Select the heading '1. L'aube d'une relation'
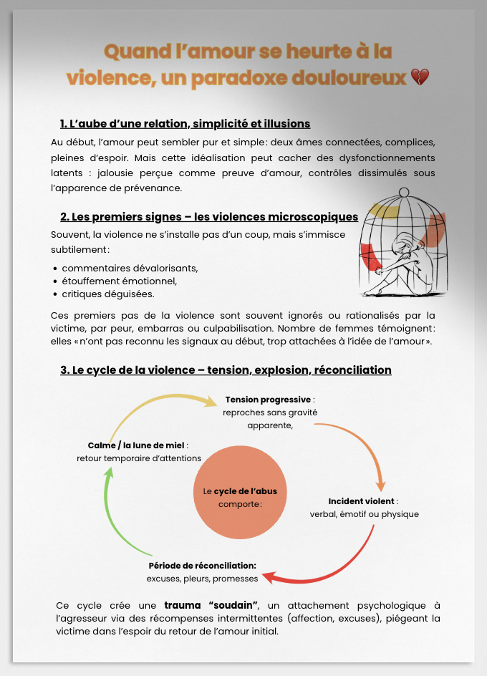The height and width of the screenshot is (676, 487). point(185,123)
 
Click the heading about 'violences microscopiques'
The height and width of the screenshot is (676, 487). point(209,216)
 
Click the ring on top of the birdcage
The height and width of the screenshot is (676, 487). point(403,191)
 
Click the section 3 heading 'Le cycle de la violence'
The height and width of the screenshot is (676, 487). point(226,370)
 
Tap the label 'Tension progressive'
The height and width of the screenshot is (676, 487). point(268,400)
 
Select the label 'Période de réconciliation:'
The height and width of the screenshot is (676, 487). point(202,566)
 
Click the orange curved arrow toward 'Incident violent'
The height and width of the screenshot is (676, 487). point(365,448)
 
